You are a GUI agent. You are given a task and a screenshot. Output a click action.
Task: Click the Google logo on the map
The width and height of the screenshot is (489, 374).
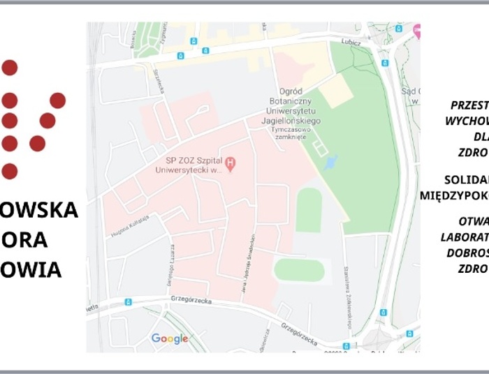[x=170, y=339]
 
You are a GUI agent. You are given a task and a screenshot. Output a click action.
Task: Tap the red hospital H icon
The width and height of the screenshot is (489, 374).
[x=231, y=164]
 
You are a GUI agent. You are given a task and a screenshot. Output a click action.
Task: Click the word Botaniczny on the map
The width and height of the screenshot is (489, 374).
[x=300, y=101]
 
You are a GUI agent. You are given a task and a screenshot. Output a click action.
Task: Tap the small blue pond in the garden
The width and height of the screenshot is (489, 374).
[x=330, y=163]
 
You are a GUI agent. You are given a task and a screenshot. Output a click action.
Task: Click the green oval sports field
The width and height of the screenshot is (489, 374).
[x=299, y=269]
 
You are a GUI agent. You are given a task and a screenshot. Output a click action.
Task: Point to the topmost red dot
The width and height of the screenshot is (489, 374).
[x=9, y=68]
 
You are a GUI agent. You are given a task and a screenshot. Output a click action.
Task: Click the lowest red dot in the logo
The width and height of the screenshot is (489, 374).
[x=9, y=171]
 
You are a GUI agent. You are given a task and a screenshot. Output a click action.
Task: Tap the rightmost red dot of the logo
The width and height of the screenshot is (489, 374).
[x=57, y=100]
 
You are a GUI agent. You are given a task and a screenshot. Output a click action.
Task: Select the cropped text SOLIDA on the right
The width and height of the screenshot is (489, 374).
[x=466, y=179]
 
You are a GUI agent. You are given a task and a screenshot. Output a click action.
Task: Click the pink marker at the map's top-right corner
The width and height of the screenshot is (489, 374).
[x=416, y=29]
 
